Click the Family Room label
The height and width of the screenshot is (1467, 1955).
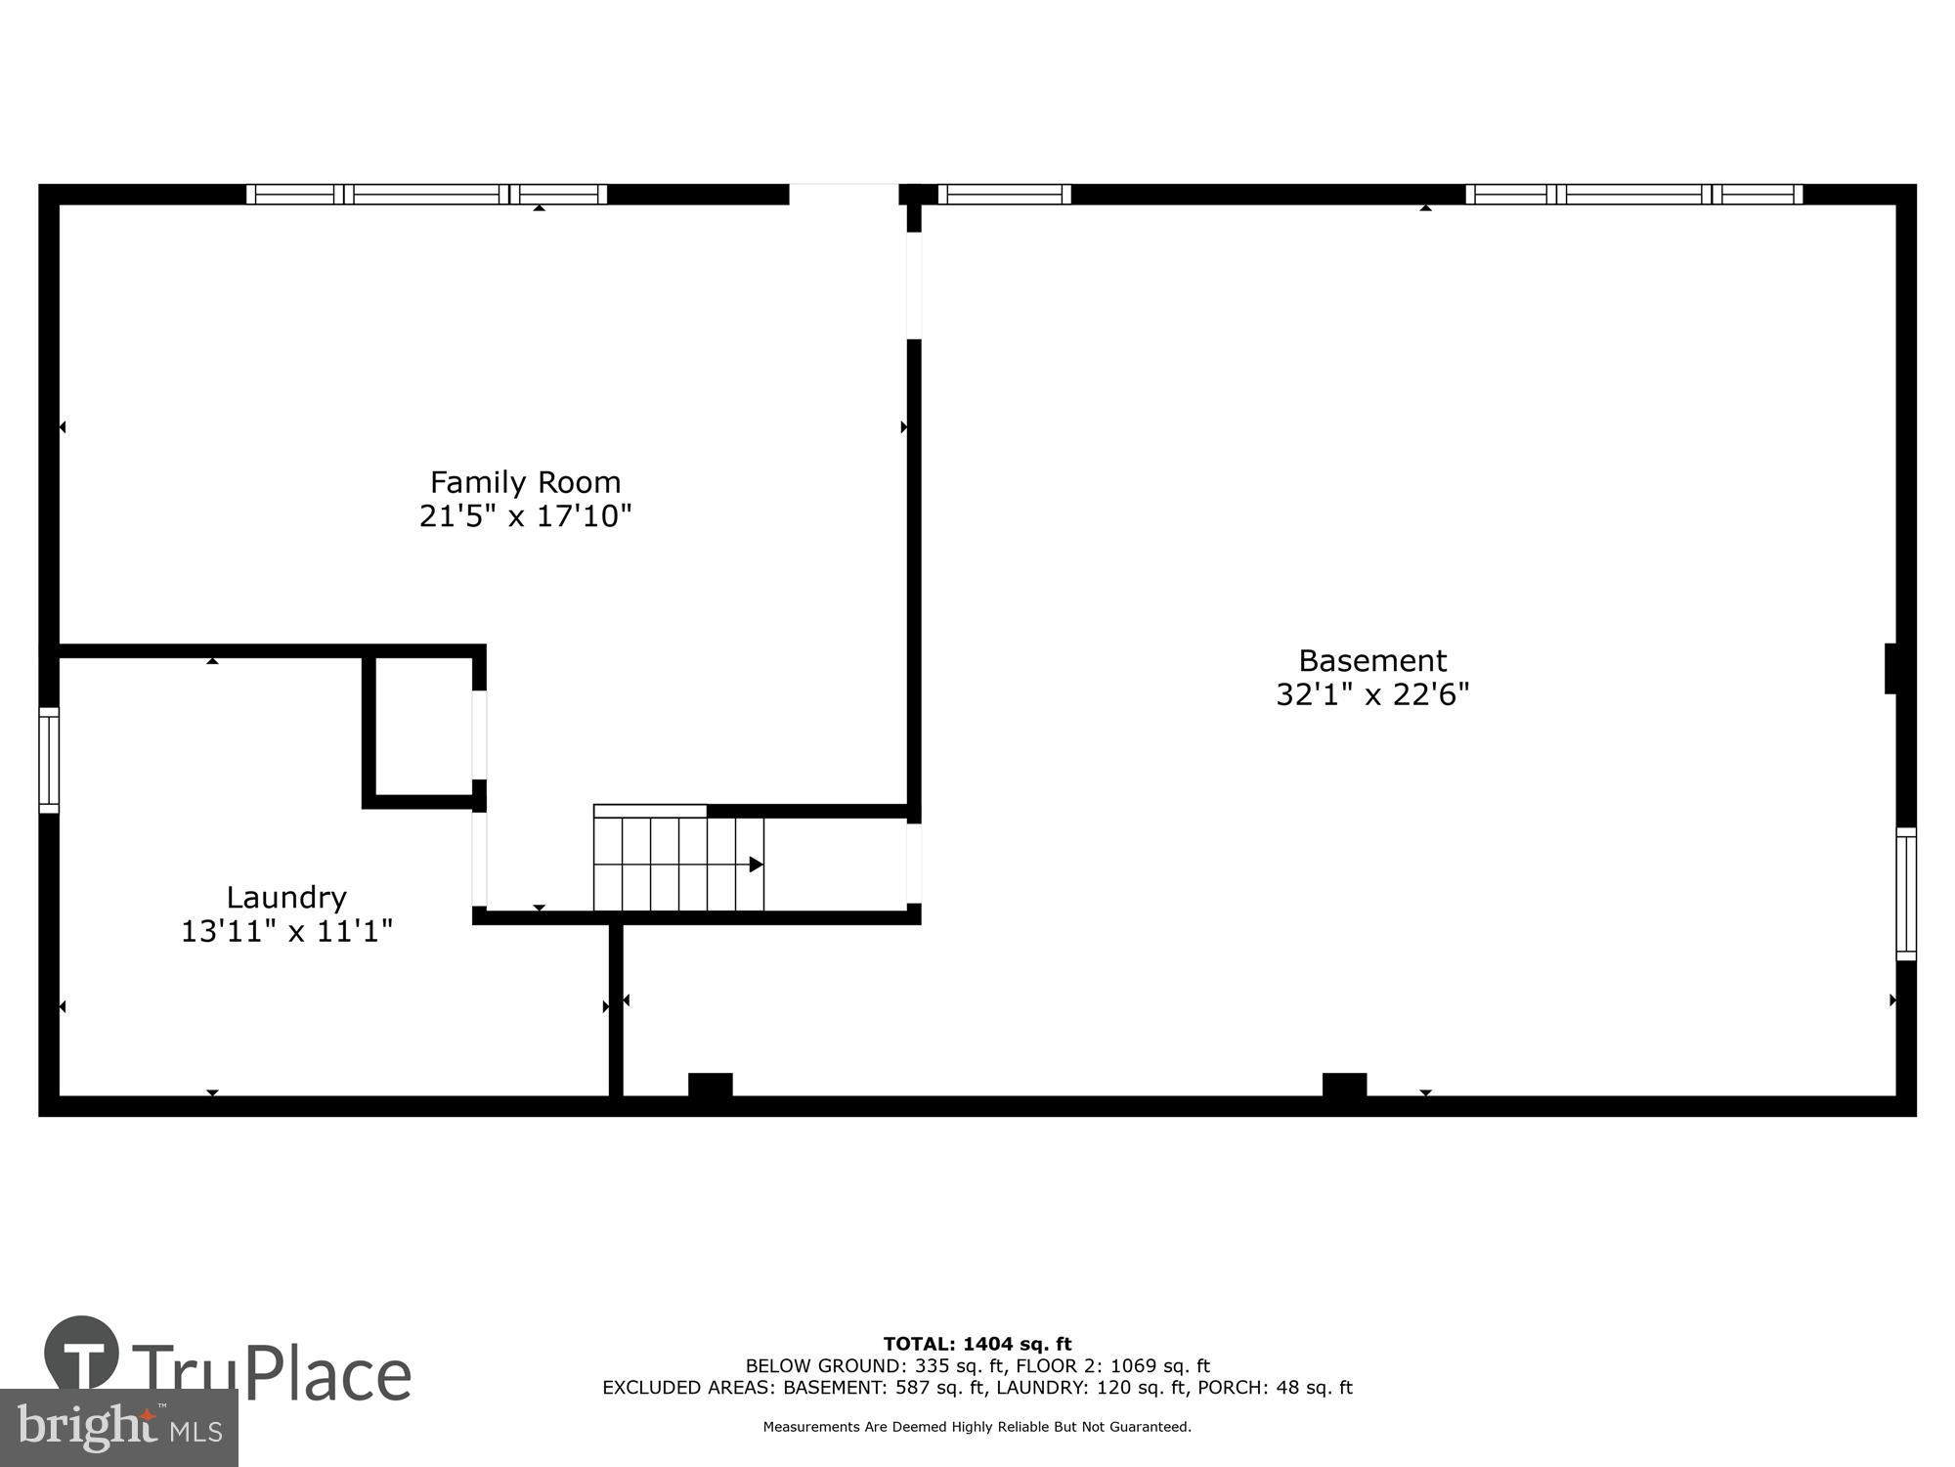(x=525, y=482)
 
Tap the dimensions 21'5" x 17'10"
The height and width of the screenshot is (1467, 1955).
(x=525, y=515)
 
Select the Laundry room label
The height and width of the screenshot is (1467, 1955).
(x=286, y=897)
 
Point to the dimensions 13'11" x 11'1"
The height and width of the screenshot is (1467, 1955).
(x=286, y=930)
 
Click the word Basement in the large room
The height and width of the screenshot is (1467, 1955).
(x=1371, y=660)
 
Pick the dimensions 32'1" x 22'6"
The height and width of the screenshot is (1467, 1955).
(x=1371, y=694)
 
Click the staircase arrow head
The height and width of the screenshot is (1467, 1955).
(x=756, y=865)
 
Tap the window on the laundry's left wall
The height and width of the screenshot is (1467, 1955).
(x=49, y=760)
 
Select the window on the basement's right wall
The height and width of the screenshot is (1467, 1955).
(x=1905, y=893)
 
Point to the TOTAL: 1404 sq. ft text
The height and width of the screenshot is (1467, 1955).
(x=977, y=1344)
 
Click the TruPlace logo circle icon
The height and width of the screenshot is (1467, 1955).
(x=82, y=1354)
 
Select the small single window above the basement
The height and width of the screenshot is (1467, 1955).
(x=1004, y=195)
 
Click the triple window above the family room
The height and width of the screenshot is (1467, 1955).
(x=426, y=195)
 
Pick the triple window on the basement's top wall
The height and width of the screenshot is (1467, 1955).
(x=1633, y=195)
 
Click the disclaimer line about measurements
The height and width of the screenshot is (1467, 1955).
(x=977, y=1427)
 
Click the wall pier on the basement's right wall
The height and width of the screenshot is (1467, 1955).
(x=1891, y=668)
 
